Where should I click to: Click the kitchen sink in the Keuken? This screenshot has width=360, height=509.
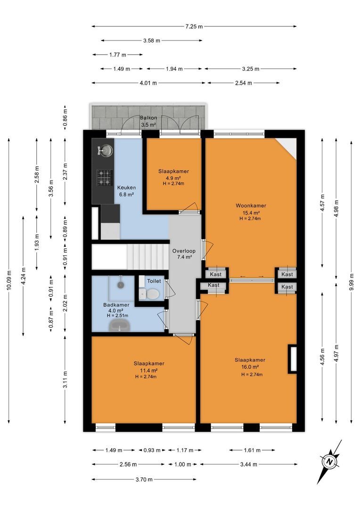[x=105, y=150]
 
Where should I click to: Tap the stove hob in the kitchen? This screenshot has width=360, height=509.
[x=105, y=178]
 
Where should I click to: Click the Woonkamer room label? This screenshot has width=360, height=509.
[x=251, y=205]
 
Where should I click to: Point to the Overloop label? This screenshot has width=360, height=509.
[x=184, y=251]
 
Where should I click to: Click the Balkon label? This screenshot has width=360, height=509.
[x=148, y=118]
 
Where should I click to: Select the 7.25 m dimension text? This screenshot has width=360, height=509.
[x=194, y=26]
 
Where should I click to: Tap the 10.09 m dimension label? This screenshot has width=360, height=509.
[x=9, y=280]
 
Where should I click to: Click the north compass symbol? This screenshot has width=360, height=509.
[x=329, y=461]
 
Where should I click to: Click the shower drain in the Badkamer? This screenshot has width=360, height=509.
[x=121, y=285]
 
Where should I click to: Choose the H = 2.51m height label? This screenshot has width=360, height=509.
[x=117, y=315]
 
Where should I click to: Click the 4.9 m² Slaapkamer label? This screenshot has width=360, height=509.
[x=174, y=178]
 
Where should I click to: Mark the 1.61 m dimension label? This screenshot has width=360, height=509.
[x=252, y=450]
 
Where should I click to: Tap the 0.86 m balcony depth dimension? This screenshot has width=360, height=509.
[x=65, y=117]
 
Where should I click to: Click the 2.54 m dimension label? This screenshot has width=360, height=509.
[x=244, y=83]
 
